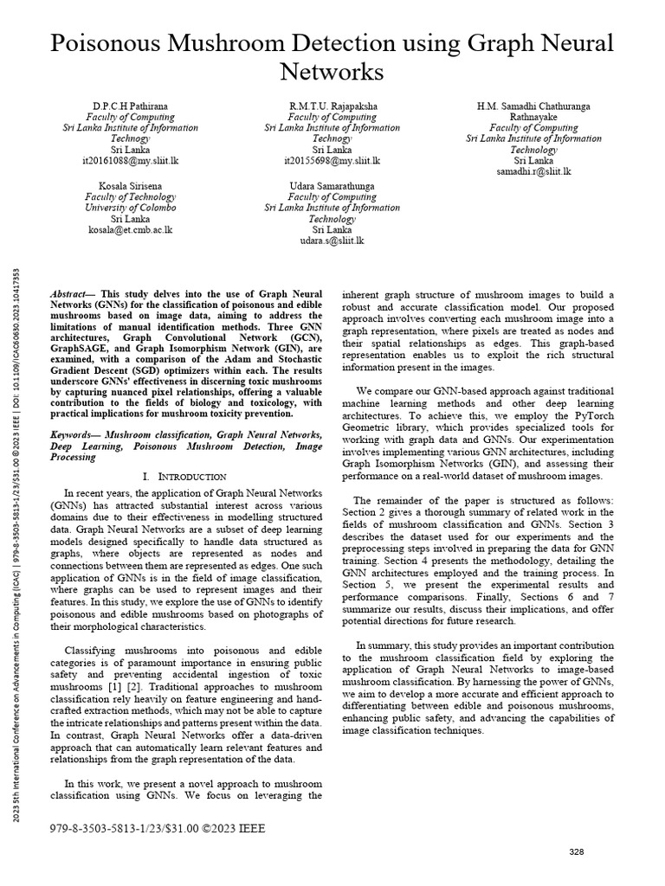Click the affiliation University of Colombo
pos(130,208)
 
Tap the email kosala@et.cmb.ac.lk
pos(130,229)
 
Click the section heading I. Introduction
pos(184,476)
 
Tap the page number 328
pos(577,852)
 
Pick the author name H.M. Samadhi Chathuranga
pos(533,106)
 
